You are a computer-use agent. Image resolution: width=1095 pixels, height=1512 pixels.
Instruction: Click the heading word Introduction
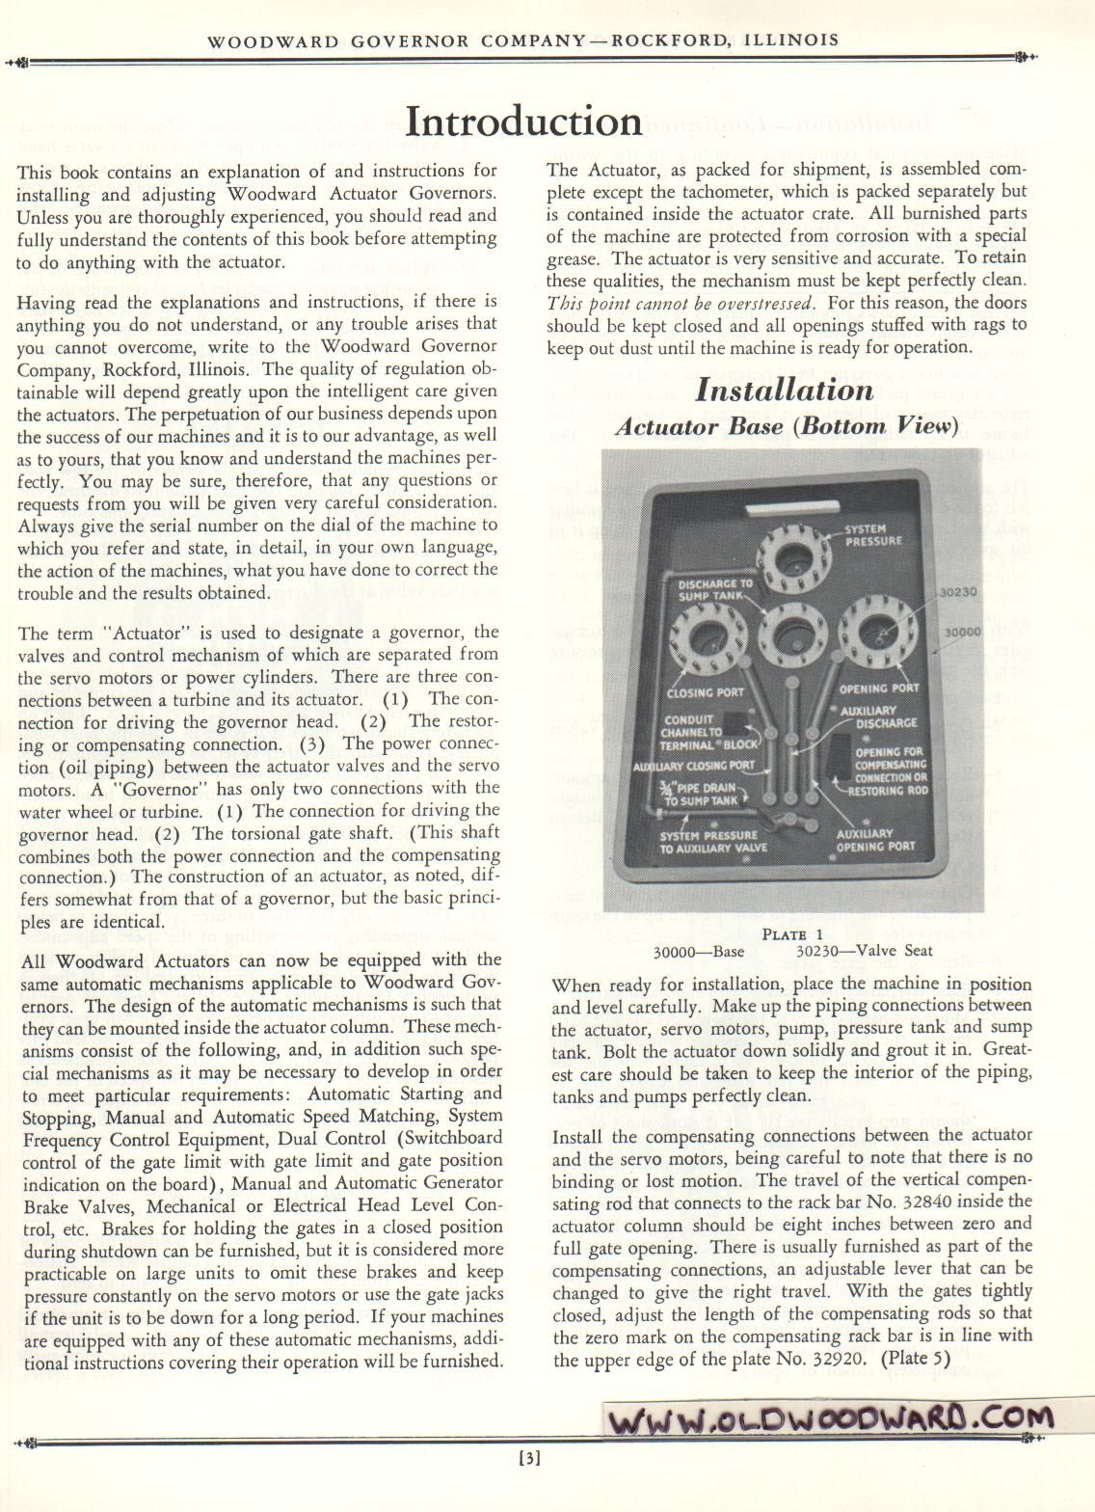(x=523, y=122)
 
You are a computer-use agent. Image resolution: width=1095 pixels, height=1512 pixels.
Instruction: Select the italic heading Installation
(x=784, y=391)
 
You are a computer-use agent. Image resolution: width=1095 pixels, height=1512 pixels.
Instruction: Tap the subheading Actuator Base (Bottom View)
(x=786, y=426)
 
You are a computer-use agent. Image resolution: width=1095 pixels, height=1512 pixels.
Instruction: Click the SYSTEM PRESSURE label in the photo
(x=873, y=535)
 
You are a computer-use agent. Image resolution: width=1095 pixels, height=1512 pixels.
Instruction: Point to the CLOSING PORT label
(x=705, y=692)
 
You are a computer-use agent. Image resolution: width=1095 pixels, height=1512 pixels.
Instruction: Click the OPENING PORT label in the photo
(x=878, y=688)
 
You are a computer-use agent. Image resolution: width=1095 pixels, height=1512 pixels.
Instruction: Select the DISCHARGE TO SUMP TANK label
(x=714, y=590)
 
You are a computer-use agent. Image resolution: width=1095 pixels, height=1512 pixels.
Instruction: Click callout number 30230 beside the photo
(x=959, y=593)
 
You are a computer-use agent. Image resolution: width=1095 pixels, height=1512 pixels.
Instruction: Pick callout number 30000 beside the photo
(x=962, y=632)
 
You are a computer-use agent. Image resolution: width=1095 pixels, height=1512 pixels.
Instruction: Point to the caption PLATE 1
(x=792, y=933)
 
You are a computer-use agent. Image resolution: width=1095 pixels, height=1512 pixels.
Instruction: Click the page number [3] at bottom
(x=528, y=1458)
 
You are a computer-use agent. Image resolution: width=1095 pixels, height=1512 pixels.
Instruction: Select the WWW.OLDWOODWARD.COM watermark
(x=830, y=1418)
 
